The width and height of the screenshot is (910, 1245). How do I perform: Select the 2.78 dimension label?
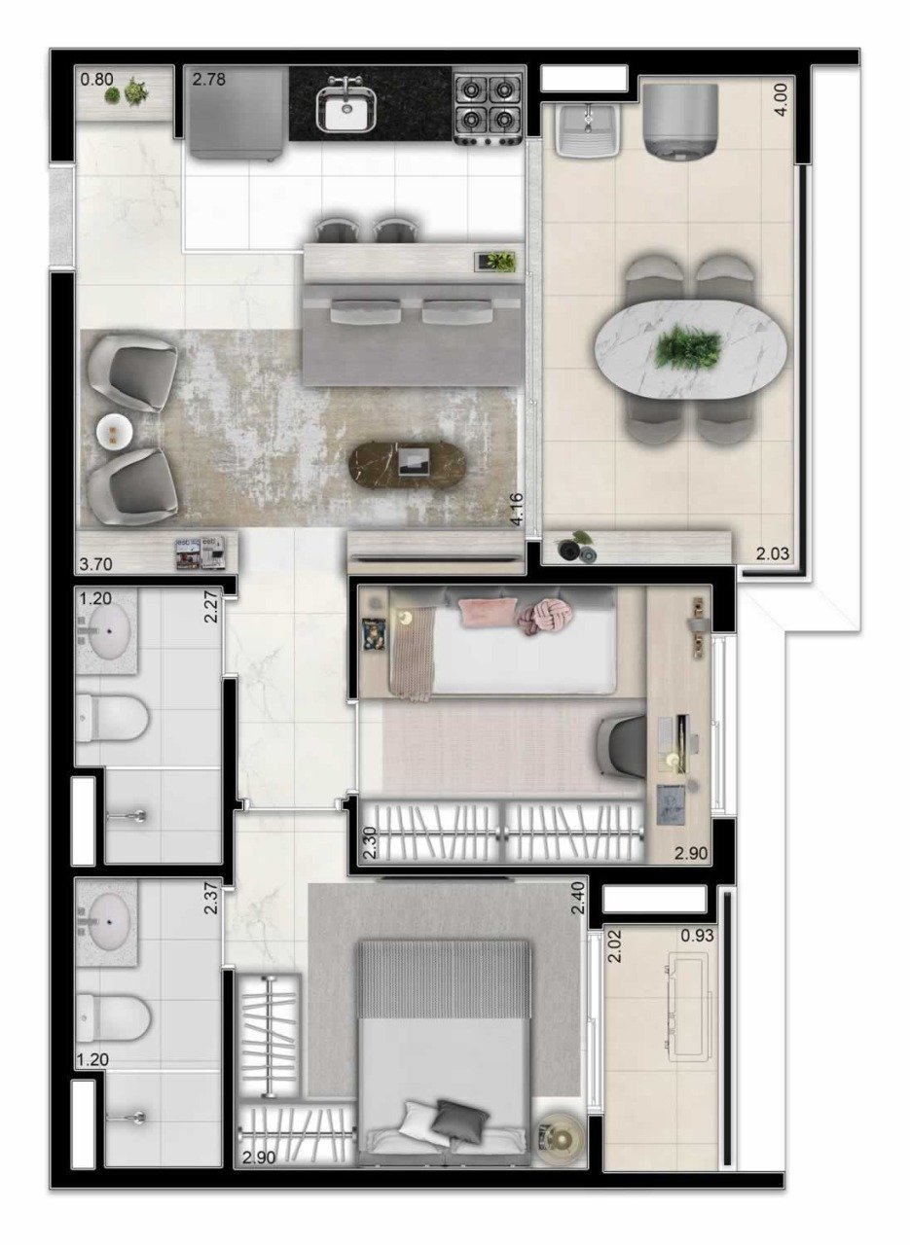pyautogui.click(x=209, y=80)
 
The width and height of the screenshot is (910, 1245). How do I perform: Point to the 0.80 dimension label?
pyautogui.click(x=96, y=79)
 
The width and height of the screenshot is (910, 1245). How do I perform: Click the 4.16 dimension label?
pyautogui.click(x=517, y=510)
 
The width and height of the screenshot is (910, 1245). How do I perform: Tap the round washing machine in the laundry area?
pyautogui.click(x=679, y=119)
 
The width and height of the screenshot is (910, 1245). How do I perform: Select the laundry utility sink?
pyautogui.click(x=588, y=129)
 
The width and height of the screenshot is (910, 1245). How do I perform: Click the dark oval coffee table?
pyautogui.click(x=408, y=462)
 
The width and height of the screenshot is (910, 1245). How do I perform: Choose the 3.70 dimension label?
pyautogui.click(x=96, y=565)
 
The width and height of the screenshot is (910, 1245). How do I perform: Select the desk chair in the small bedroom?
pyautogui.click(x=624, y=742)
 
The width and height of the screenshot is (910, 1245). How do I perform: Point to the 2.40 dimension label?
pyautogui.click(x=578, y=898)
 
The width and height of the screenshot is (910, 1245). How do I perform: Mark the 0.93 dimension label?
pyautogui.click(x=698, y=936)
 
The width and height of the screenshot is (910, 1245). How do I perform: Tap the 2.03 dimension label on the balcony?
pyautogui.click(x=773, y=553)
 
